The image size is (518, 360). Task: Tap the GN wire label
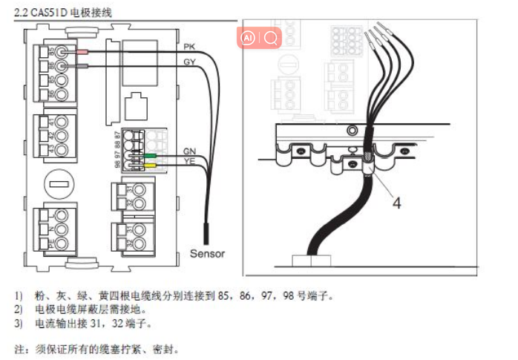tap(189, 151)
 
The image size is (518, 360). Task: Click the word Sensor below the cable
tap(207, 253)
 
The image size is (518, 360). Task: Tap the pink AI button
tap(249, 36)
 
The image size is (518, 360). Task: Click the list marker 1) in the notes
tap(19, 295)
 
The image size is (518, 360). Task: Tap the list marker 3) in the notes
tap(19, 324)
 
